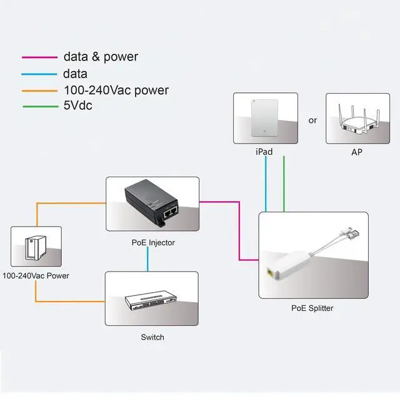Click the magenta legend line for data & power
[39, 57]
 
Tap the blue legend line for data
[39, 74]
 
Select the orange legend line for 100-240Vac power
[39, 91]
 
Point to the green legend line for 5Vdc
[39, 107]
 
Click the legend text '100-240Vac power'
[116, 91]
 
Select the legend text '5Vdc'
[77, 106]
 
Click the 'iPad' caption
[265, 151]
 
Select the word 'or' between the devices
[313, 120]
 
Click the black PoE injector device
[152, 202]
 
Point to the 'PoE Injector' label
[153, 242]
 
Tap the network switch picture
[152, 300]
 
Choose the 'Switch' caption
[152, 337]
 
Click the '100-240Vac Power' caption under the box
[36, 275]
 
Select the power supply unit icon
[36, 248]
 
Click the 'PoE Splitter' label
[312, 308]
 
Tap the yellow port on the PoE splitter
[269, 273]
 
